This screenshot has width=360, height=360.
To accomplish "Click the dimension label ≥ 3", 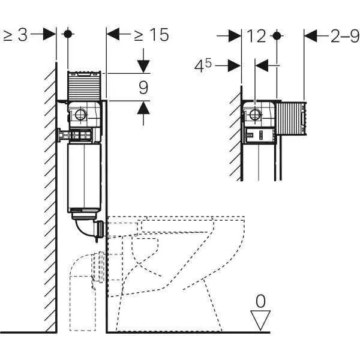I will coord(16,35).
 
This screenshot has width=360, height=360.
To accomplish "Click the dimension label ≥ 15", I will coord(151,35).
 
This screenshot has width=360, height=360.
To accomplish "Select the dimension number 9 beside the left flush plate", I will coord(143,88).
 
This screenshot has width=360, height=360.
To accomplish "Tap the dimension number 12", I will coord(256,36).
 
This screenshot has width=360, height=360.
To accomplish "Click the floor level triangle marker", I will coord(260,319).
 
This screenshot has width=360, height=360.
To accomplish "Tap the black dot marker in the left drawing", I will coord(68,34).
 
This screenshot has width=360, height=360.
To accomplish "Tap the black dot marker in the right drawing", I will coord(277,35).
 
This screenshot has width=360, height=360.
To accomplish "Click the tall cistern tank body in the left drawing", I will coord(84,177).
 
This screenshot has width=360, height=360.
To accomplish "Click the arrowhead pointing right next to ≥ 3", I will coord(50,35).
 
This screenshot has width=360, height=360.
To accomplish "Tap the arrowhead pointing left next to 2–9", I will coord(310,35).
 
